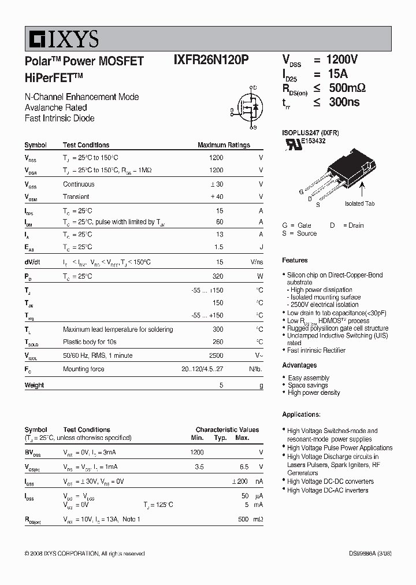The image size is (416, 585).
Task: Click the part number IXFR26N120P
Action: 211,61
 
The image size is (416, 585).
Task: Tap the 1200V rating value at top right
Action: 342,60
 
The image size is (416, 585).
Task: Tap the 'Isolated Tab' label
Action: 359,203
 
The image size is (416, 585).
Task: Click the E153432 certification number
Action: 313,140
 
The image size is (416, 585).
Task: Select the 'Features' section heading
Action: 295,260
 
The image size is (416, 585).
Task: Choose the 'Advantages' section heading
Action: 299,365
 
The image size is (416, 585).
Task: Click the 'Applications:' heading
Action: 301,414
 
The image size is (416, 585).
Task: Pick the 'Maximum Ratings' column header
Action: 224,145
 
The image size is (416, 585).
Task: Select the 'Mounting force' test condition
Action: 84,368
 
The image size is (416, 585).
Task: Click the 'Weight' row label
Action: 34,385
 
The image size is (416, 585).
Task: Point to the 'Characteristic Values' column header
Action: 227,430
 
